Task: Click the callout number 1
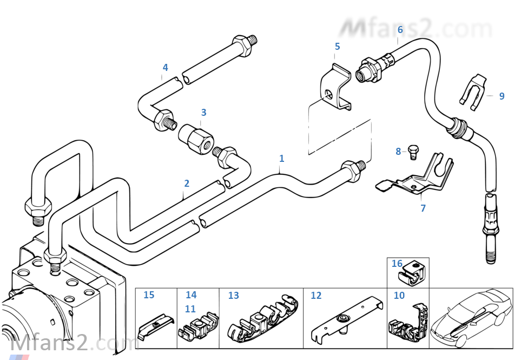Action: tap(281, 159)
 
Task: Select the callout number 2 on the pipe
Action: tap(187, 184)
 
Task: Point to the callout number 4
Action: tap(165, 68)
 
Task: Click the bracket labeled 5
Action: tap(334, 89)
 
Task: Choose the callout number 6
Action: tap(400, 29)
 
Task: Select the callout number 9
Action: tap(502, 96)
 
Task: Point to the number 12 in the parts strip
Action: tap(316, 296)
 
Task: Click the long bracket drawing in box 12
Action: tap(345, 323)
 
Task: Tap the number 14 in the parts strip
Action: tap(191, 295)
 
